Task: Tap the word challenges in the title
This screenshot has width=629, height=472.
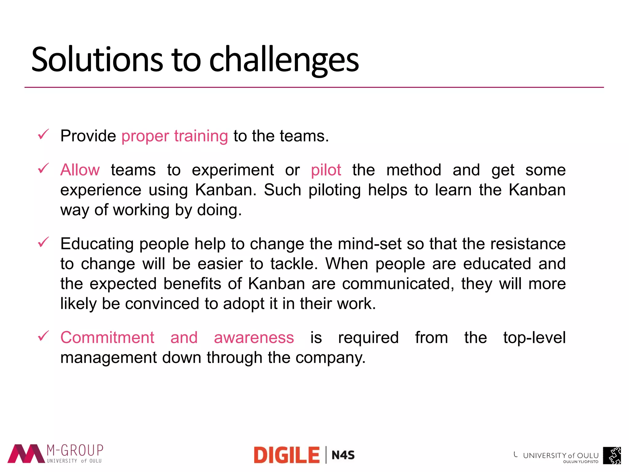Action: (x=284, y=60)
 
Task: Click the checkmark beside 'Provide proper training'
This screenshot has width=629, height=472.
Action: (x=43, y=134)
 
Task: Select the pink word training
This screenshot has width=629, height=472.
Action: (x=201, y=136)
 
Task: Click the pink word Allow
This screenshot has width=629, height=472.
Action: (x=80, y=170)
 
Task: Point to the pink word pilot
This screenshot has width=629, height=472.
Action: (x=326, y=170)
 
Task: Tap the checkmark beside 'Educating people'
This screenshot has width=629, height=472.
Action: (x=43, y=242)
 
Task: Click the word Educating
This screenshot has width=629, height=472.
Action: (x=97, y=244)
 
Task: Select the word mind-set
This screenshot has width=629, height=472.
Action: (x=369, y=244)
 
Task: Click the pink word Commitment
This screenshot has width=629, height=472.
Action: (x=107, y=337)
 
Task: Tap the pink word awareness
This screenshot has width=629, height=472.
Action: (x=254, y=337)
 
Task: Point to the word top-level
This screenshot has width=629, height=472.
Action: (x=534, y=337)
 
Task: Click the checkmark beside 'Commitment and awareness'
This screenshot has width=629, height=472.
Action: (x=43, y=336)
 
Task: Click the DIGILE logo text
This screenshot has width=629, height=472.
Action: (x=287, y=455)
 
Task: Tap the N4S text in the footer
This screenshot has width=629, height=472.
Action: (x=343, y=455)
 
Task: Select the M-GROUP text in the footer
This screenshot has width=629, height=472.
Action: (x=75, y=450)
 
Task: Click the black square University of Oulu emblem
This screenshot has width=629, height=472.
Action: (x=612, y=455)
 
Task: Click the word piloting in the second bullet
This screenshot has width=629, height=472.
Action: (x=334, y=190)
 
